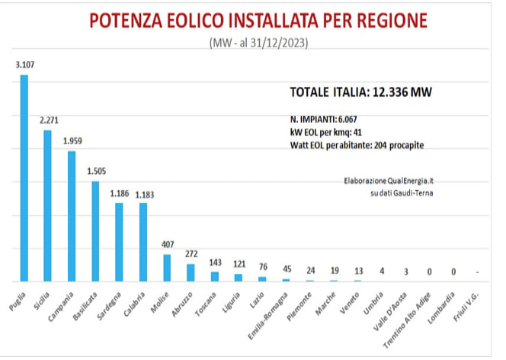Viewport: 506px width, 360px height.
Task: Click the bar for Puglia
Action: coord(24,178)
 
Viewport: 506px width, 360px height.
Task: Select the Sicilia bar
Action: coord(47,206)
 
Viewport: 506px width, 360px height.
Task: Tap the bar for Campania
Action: coord(72,217)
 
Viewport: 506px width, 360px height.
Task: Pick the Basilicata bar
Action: coord(95,232)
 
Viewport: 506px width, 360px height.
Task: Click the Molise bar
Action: coord(167,268)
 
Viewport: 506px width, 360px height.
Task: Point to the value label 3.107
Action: coord(25,65)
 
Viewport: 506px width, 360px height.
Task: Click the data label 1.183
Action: coord(144,194)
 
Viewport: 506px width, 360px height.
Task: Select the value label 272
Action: coord(191,254)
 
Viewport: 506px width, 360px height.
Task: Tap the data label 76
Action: coord(263,267)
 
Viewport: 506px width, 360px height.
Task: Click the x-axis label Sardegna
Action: coord(109,306)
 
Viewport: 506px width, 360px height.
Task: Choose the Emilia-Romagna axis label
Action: coord(267,316)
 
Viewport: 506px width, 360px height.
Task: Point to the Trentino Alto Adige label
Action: coord(407,320)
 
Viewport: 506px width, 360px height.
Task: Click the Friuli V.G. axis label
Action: coord(466,307)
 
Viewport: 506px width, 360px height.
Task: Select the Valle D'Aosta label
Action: coord(390,312)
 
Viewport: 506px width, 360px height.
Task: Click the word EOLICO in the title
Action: coord(195,21)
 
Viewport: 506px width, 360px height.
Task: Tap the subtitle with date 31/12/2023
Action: coord(259,43)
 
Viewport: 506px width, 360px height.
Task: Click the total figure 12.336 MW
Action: coord(402,92)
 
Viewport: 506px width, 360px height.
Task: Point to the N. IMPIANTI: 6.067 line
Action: coord(323,120)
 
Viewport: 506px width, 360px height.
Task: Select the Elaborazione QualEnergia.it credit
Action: coord(389,181)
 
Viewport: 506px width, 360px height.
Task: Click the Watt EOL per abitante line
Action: coord(357,145)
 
